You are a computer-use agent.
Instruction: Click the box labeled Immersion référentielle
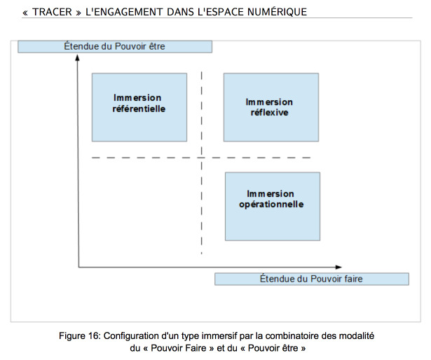click(x=139, y=107)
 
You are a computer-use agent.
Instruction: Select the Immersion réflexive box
click(x=271, y=107)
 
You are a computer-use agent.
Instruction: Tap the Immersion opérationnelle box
click(x=273, y=207)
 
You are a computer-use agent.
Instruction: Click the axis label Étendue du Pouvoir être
click(x=115, y=46)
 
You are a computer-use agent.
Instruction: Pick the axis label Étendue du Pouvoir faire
click(x=312, y=279)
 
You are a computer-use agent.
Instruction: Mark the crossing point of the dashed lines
click(x=202, y=158)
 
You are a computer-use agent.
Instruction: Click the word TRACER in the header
click(x=52, y=12)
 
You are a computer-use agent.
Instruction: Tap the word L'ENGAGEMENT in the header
click(x=124, y=12)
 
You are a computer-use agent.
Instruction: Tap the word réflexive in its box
click(x=270, y=112)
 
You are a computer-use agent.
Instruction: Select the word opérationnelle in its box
click(x=271, y=205)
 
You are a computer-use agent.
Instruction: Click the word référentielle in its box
click(x=139, y=109)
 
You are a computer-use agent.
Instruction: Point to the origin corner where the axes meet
click(x=78, y=267)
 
